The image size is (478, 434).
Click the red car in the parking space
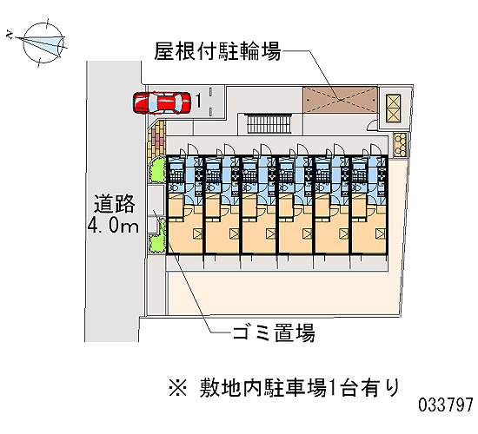point(162,102)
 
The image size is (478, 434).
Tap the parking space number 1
point(198,101)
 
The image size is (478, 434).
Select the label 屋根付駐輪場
point(217,51)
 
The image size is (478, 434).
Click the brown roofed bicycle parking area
point(340,99)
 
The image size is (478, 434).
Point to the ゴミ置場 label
point(274,332)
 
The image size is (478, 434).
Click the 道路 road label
point(115,203)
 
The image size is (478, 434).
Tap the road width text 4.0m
point(113,226)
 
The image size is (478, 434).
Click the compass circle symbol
point(44,43)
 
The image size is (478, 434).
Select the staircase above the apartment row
point(269,123)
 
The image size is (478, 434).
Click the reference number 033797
point(445,404)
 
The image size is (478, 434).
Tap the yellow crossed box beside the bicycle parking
point(393,108)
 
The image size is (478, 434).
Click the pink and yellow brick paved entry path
point(156,139)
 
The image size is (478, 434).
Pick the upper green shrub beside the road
point(157,170)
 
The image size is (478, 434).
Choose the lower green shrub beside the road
point(158,236)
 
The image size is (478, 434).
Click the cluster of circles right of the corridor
point(400,145)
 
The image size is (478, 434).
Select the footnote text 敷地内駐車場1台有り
point(299,388)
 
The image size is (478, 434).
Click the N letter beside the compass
point(10,35)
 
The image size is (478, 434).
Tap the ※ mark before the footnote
point(177,388)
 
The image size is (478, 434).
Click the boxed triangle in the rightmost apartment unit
point(381,233)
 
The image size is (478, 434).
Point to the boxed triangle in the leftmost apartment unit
point(197,233)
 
